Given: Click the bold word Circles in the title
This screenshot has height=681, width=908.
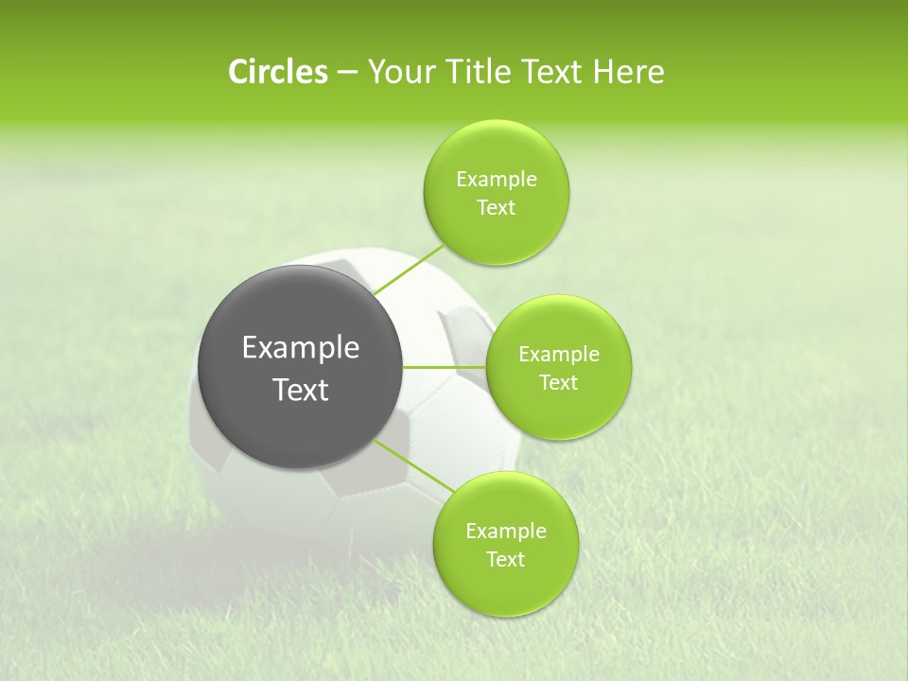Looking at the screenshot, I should pos(277,72).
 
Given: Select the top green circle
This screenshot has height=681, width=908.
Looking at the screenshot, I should pos(496,236).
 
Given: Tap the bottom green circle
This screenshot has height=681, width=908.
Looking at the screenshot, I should pos(505,586).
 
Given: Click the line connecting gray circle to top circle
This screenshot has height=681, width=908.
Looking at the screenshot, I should pos(410,269).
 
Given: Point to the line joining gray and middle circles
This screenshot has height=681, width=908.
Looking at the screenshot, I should pos(445,367).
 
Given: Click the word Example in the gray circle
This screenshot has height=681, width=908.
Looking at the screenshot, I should pos(301,348).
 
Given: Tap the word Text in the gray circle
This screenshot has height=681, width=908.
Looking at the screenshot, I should pos(301,390).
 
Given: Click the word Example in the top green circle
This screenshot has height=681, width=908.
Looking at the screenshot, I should pos(497,180).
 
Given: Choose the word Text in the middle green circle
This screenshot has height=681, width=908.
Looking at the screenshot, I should pos(558,383).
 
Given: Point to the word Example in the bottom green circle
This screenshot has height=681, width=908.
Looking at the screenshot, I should pos(506,532).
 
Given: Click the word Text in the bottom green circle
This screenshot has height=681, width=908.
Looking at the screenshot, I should pos(505,560).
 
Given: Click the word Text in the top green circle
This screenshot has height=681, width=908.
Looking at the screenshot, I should pos(496,208).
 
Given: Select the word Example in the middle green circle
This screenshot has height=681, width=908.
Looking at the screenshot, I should pos(559,355).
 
